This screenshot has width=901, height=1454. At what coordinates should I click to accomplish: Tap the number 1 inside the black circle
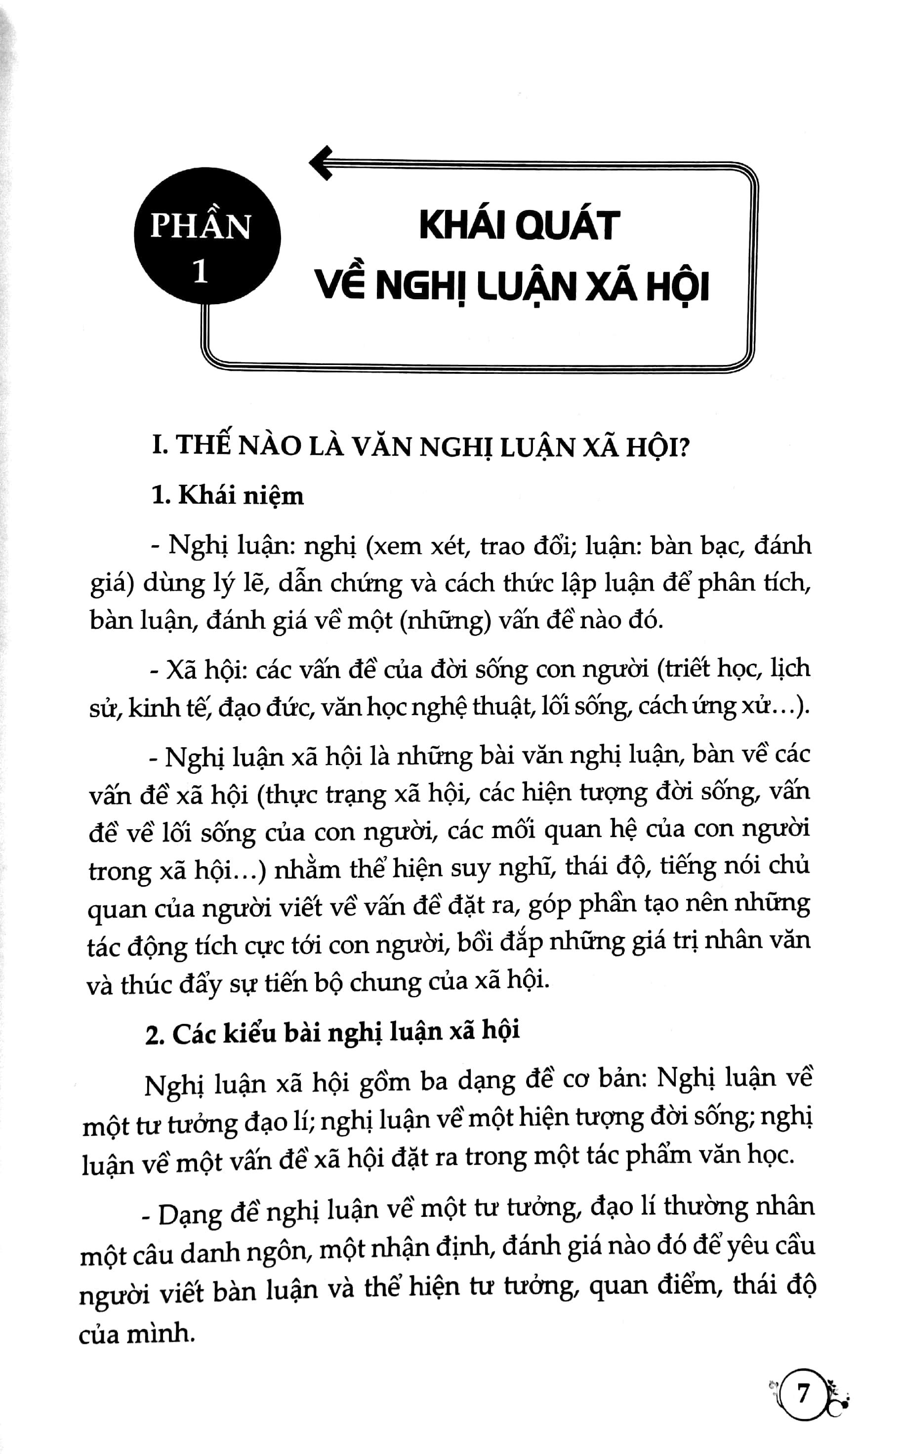[201, 272]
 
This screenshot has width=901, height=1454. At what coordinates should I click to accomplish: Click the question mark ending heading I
[682, 446]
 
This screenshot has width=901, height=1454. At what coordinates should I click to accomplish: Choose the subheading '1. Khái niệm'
[228, 495]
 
